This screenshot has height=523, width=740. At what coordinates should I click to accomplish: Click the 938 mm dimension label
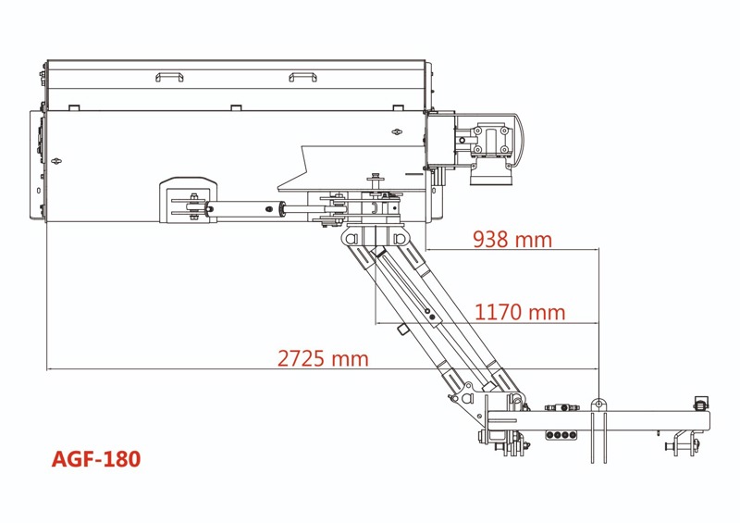(512, 240)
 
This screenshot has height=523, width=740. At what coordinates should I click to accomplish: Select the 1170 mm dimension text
(519, 312)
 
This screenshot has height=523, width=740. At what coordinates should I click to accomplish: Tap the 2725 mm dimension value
(323, 358)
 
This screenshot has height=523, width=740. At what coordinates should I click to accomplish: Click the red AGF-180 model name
(96, 458)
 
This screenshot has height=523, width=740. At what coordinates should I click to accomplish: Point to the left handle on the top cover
(170, 76)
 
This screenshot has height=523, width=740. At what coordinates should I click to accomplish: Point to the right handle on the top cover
(302, 76)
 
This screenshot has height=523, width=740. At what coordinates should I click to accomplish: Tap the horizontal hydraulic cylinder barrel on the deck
(245, 210)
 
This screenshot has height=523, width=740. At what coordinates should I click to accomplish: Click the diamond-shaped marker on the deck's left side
(59, 159)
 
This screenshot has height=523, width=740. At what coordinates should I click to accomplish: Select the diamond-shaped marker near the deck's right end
(398, 132)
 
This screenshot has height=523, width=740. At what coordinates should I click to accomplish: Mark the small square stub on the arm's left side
(403, 330)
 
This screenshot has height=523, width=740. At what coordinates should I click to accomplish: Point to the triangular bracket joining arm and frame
(465, 395)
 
